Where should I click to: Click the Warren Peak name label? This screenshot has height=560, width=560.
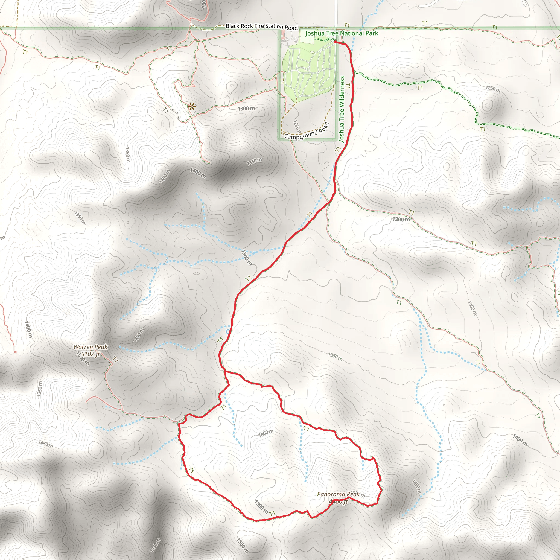coord(91,347)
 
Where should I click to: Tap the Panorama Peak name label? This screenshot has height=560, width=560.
coord(338,494)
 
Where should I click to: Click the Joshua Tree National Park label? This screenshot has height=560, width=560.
coord(342,33)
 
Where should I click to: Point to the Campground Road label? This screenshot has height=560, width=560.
coord(307,132)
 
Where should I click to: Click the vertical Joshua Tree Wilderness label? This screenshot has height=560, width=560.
coord(342,109)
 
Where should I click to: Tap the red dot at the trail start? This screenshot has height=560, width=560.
coord(335,42)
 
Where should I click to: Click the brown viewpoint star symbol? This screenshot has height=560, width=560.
coord(191,107)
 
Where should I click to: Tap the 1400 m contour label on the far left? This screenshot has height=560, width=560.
coord(28,329)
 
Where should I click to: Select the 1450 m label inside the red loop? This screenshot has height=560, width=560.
coord(266,433)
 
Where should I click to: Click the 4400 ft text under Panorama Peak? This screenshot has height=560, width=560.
coord(338,501)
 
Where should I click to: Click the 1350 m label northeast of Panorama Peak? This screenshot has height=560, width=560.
coord(335,357)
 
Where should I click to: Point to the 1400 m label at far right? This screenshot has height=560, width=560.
coord(520,440)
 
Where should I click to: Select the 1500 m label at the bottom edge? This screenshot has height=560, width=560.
coord(242,546)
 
